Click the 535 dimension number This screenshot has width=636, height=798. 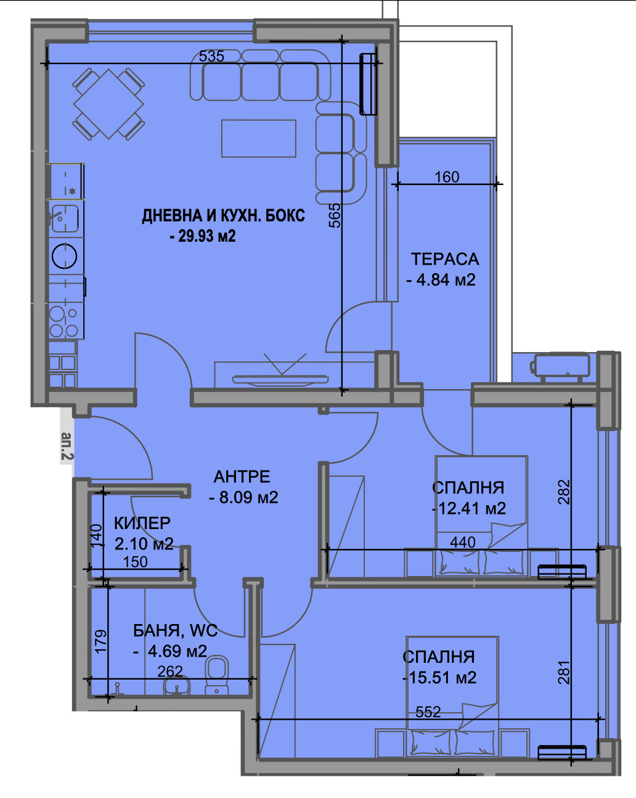211,56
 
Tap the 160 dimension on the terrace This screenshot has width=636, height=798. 447,177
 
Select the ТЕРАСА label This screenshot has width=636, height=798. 445,259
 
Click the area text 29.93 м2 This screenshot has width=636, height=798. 207,236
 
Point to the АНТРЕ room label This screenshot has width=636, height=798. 242,477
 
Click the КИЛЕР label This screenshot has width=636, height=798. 142,523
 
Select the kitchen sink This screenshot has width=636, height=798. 65,218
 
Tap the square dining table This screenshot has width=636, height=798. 108,104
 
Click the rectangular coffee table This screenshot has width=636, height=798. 259,138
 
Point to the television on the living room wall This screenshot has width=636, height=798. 280,380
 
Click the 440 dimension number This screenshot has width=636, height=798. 463,542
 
